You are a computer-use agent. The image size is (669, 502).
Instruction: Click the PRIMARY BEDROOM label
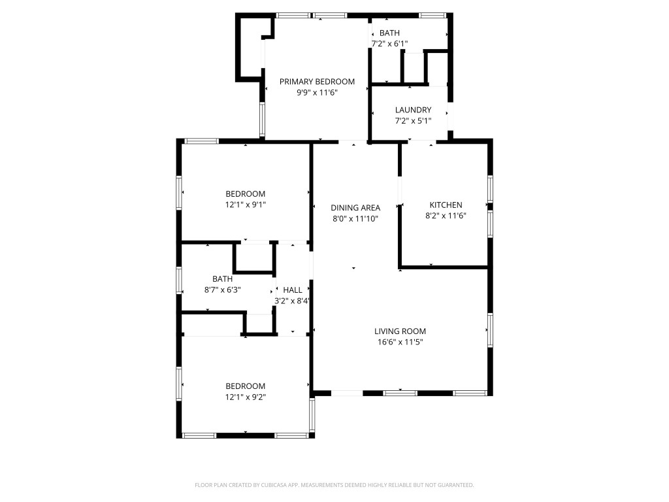click(317, 82)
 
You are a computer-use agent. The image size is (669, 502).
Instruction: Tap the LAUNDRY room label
click(413, 110)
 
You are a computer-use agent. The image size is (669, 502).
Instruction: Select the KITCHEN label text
click(446, 205)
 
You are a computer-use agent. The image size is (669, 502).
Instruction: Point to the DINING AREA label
click(355, 208)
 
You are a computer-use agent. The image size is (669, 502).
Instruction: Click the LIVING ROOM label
click(400, 331)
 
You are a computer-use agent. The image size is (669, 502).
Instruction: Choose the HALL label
click(292, 290)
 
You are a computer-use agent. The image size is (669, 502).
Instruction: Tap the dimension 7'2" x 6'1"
click(389, 44)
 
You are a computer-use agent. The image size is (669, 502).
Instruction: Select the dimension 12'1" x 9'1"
click(245, 205)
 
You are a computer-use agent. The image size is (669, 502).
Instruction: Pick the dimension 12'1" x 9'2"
click(245, 397)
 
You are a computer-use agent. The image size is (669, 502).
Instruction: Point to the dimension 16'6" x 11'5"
click(400, 342)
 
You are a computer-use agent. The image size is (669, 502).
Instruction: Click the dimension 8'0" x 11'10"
click(355, 219)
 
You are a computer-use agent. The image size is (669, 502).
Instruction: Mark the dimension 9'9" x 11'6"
click(317, 93)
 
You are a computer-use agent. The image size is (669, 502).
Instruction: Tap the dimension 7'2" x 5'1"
click(413, 121)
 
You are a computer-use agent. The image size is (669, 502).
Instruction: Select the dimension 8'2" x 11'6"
click(446, 216)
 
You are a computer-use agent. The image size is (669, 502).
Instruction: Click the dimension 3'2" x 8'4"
click(292, 301)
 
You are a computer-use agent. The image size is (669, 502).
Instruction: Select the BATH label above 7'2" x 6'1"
click(389, 33)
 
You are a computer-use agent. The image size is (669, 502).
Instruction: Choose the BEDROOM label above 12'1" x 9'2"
click(245, 386)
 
